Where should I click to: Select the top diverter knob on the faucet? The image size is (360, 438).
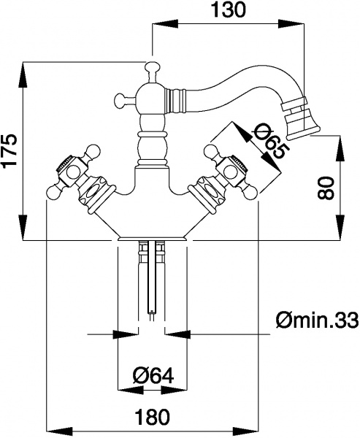pyautogui.click(x=152, y=70)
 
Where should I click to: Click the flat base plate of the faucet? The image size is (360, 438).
pyautogui.click(x=152, y=237)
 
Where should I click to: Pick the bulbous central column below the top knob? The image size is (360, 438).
pyautogui.click(x=152, y=146)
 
